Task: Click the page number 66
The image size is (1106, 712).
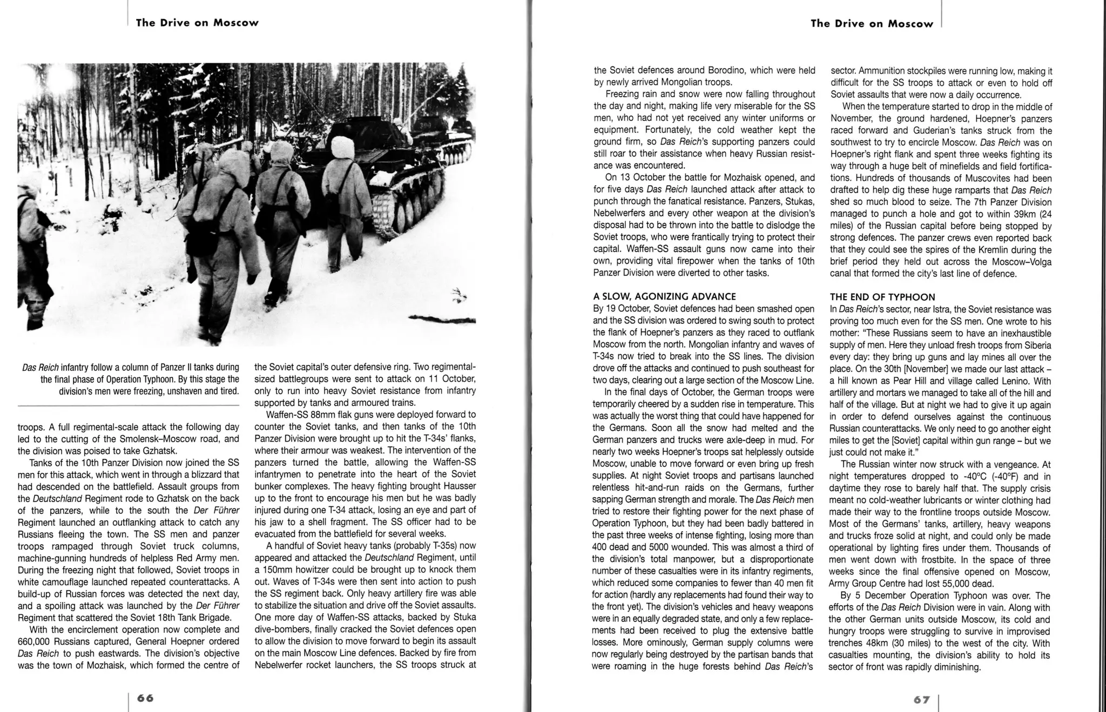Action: [145, 698]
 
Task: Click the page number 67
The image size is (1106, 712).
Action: [922, 700]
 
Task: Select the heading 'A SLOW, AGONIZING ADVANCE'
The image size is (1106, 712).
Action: [664, 296]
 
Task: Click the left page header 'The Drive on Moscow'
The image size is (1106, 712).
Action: [197, 23]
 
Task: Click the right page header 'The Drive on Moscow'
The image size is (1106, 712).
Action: [872, 24]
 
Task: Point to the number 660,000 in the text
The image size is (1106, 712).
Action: [36, 641]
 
